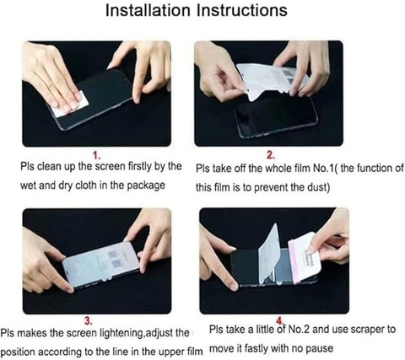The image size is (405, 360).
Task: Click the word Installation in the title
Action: click(148, 10)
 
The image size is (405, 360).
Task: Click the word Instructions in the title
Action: click(242, 10)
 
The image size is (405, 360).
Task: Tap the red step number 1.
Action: click(97, 155)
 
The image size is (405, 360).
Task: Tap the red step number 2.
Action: click(270, 155)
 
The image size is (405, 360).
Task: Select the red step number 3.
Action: click(89, 320)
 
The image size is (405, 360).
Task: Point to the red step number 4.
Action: click(279, 320)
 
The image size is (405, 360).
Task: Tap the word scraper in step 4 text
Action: click(367, 330)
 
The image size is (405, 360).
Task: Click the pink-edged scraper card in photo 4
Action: click(303, 257)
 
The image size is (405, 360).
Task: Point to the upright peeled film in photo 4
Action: click(269, 255)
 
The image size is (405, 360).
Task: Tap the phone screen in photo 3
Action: click(102, 263)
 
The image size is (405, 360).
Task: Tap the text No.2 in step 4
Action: click(300, 330)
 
